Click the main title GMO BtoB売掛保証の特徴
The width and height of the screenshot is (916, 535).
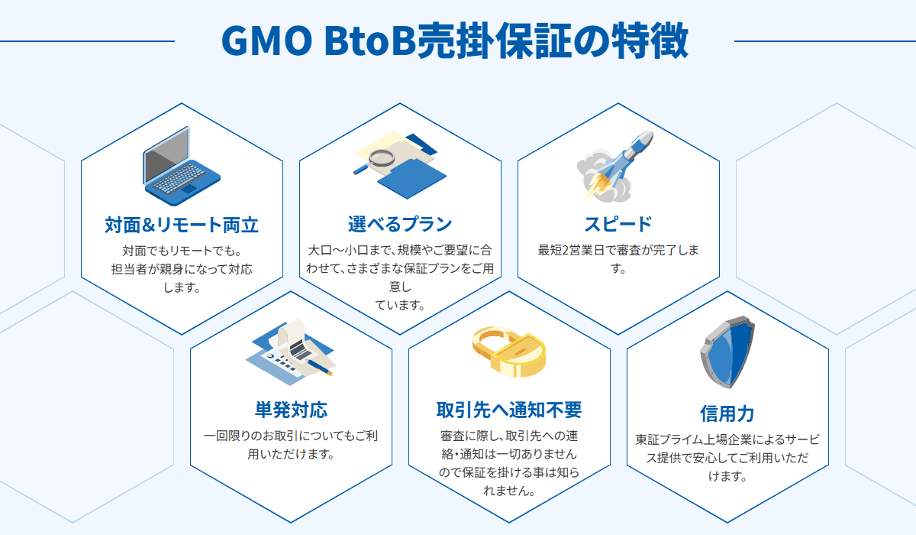click(x=454, y=41)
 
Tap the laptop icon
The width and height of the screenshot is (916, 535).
click(x=181, y=167)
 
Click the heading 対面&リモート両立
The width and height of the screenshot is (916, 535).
click(x=182, y=225)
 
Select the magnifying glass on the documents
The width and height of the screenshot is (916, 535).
click(x=379, y=160)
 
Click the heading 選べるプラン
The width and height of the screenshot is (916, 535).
click(x=400, y=225)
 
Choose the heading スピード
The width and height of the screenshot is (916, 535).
click(x=618, y=225)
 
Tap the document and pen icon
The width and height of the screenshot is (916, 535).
click(x=292, y=351)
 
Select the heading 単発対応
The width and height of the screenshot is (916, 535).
click(x=291, y=410)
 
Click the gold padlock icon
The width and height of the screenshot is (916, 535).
click(x=508, y=351)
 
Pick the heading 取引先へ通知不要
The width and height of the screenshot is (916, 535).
click(x=509, y=410)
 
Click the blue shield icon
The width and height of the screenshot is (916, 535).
click(x=727, y=352)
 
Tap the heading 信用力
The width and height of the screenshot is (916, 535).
click(x=727, y=413)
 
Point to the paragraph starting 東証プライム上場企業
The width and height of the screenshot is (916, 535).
click(x=727, y=458)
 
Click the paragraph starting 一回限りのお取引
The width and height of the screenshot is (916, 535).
click(x=291, y=445)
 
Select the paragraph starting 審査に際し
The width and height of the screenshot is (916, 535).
click(x=509, y=463)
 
